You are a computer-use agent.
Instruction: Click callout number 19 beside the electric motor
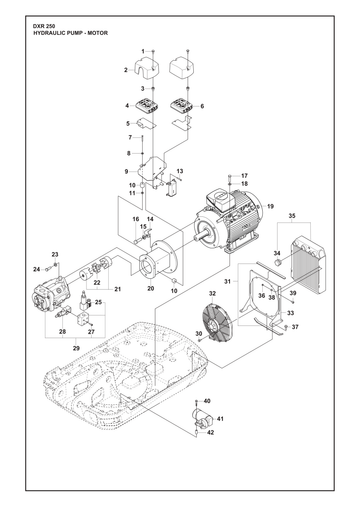pyautogui.click(x=270, y=206)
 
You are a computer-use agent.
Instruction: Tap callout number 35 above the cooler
pyautogui.click(x=292, y=216)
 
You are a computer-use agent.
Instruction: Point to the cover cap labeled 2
pyautogui.click(x=146, y=67)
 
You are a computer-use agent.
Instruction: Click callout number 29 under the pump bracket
pyautogui.click(x=76, y=348)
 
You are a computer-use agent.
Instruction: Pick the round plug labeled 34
pyautogui.click(x=276, y=263)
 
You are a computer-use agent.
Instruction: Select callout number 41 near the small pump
pyautogui.click(x=220, y=419)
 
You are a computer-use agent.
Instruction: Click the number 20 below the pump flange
pyautogui.click(x=151, y=288)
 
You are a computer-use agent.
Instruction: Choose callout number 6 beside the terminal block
pyautogui.click(x=202, y=106)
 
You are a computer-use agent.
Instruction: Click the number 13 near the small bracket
pyautogui.click(x=180, y=171)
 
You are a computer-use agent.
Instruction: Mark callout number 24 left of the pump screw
pyautogui.click(x=37, y=269)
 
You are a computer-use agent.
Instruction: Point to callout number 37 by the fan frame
pyautogui.click(x=295, y=327)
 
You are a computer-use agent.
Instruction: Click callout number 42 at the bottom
pyautogui.click(x=210, y=432)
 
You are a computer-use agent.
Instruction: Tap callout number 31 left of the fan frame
pyautogui.click(x=227, y=282)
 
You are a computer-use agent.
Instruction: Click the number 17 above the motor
pyautogui.click(x=244, y=176)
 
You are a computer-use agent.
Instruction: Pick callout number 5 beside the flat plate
pyautogui.click(x=128, y=124)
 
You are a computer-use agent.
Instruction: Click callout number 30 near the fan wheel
pyautogui.click(x=199, y=334)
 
